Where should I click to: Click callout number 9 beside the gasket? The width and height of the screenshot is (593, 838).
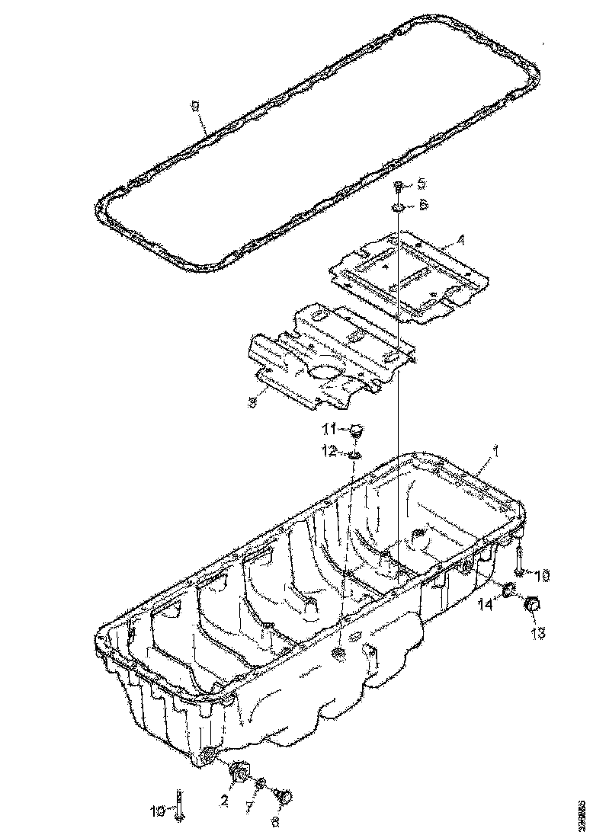[196, 107]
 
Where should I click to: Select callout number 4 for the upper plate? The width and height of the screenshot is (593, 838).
[460, 241]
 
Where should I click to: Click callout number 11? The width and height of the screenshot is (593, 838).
[332, 427]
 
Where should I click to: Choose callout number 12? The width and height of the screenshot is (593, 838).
[332, 452]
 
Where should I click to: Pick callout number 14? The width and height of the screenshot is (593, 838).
[485, 604]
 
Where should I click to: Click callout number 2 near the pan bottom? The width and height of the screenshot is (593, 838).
[224, 800]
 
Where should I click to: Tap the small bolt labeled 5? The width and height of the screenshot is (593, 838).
[399, 185]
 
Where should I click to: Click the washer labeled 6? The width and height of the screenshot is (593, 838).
[399, 206]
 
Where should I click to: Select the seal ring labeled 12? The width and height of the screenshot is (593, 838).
[354, 454]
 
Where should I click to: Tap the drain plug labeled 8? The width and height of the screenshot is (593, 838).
[285, 798]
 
